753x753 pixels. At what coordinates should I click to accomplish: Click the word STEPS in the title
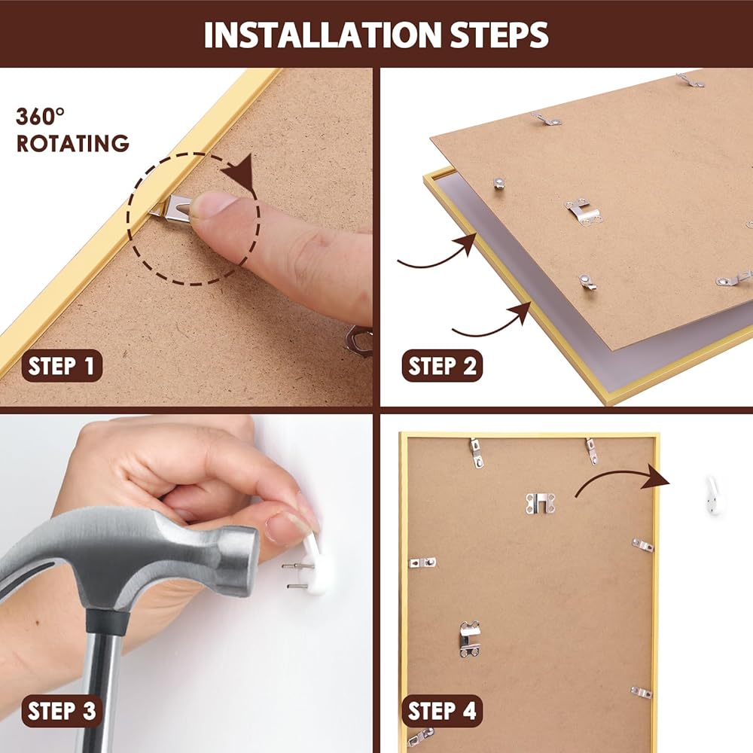point(499,35)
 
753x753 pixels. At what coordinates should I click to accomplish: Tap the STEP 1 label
point(62,366)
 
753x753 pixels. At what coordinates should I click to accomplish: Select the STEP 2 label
point(442,366)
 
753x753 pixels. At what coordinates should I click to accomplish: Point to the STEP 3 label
point(62,711)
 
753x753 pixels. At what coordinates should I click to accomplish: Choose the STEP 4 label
point(442,711)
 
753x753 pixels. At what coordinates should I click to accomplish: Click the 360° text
point(41,117)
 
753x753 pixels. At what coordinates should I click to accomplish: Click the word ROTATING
point(73,144)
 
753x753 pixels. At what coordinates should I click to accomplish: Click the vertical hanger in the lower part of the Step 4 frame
point(470,639)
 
